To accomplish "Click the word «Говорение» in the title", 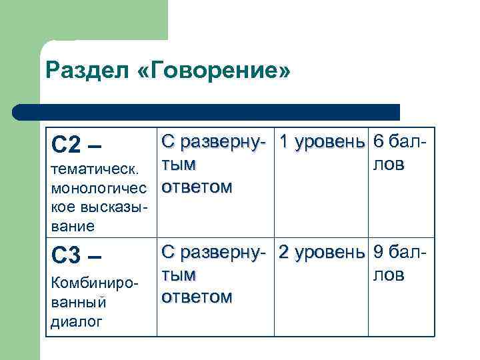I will [222, 70].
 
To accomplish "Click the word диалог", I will [76, 322].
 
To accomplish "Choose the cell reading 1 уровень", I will [323, 142].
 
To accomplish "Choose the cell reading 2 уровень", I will [323, 252].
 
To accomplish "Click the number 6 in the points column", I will [379, 142].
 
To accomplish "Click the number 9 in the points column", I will [379, 252].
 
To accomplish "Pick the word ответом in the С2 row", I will [197, 187].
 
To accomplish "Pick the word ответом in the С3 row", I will [197, 296].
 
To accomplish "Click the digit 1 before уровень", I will [285, 142].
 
